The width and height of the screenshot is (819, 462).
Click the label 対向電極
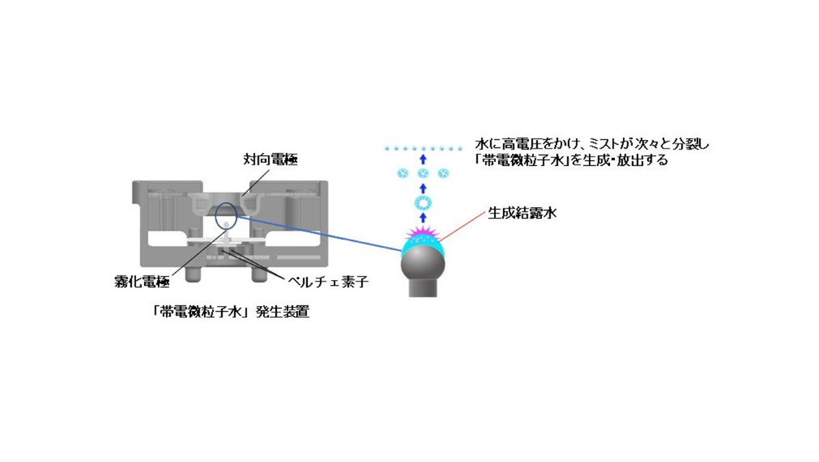pyautogui.click(x=270, y=160)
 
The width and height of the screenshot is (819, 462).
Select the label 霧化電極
pyautogui.click(x=142, y=282)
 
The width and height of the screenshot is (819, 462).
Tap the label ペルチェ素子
pyautogui.click(x=328, y=282)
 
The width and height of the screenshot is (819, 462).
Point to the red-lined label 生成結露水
pyautogui.click(x=522, y=213)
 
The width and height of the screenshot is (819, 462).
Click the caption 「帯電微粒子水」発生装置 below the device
pyautogui.click(x=231, y=312)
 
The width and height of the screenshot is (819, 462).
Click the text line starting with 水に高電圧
pyautogui.click(x=592, y=144)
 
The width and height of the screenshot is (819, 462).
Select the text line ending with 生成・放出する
pyautogui.click(x=571, y=161)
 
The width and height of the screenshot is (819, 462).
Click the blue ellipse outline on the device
pyautogui.click(x=216, y=216)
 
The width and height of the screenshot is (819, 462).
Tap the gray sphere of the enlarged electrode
pyautogui.click(x=423, y=264)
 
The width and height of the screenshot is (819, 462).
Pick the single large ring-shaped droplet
pyautogui.click(x=423, y=203)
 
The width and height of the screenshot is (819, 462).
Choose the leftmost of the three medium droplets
pyautogui.click(x=403, y=173)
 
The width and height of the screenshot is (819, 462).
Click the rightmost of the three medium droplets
pyautogui.click(x=443, y=173)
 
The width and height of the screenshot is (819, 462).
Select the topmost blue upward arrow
pyautogui.click(x=423, y=159)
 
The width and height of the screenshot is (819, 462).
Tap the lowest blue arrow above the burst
pyautogui.click(x=423, y=218)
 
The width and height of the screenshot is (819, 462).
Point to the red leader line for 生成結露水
pyautogui.click(x=462, y=227)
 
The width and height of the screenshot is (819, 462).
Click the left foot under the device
pyautogui.click(x=192, y=275)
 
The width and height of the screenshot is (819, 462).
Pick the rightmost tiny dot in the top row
pyautogui.click(x=460, y=148)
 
